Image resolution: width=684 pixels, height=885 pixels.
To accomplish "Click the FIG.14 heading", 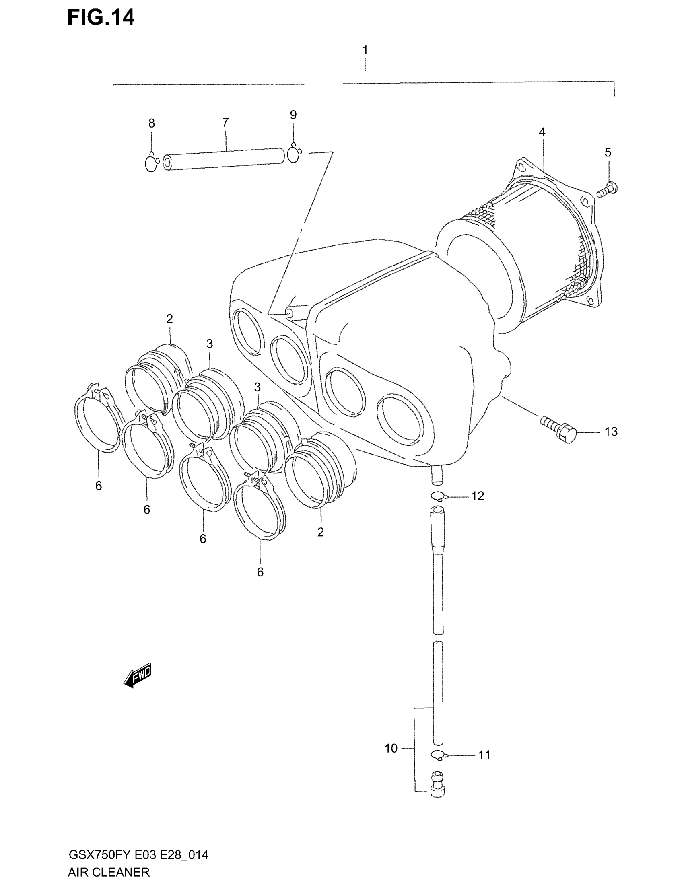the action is click(101, 18).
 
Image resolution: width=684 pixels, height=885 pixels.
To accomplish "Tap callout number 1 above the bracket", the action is click(365, 50).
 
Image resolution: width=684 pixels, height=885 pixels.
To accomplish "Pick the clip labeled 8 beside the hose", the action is click(151, 163).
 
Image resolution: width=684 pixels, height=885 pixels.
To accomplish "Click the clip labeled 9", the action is click(293, 153).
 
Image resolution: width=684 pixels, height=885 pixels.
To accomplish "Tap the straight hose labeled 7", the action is click(223, 159).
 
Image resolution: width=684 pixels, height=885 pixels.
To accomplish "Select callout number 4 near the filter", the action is click(542, 132).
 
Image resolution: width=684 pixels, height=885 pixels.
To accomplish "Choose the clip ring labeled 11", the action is click(438, 755).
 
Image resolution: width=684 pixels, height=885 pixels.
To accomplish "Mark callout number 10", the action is click(391, 749).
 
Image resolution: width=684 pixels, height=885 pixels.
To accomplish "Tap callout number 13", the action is click(611, 432).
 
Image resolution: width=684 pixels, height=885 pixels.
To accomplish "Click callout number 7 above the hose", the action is click(225, 122).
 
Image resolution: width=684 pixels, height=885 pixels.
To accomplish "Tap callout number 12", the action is click(477, 496).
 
